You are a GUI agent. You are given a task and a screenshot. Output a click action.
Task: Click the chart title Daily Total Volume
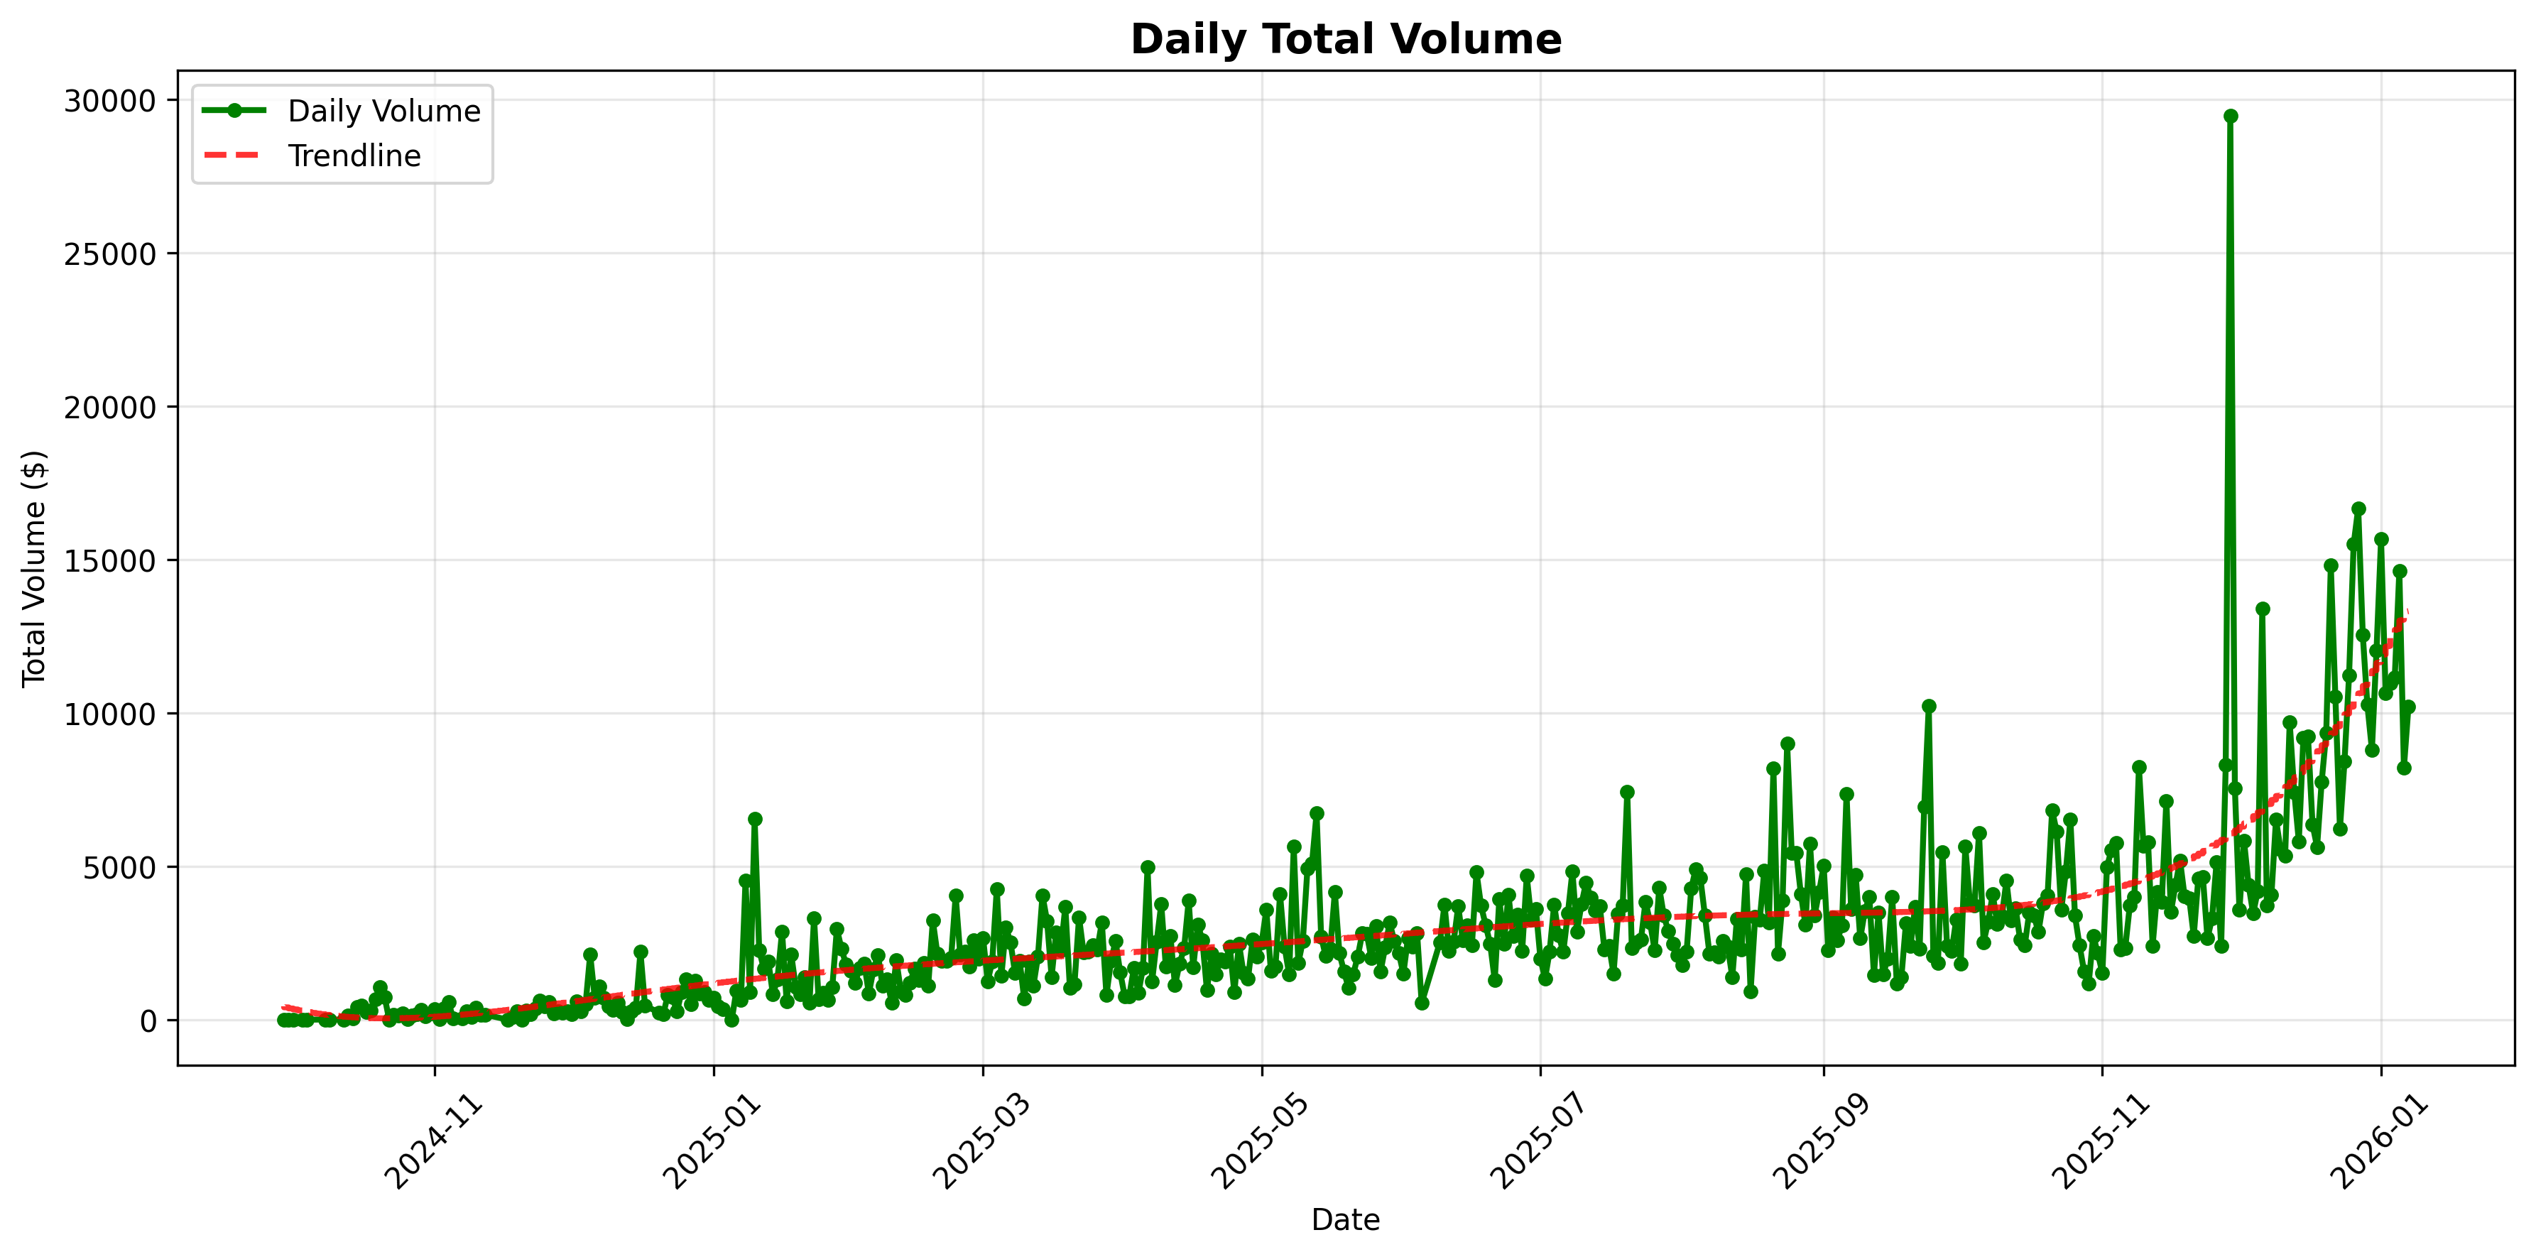click(x=1345, y=39)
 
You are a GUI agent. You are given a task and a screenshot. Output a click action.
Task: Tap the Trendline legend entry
click(x=354, y=156)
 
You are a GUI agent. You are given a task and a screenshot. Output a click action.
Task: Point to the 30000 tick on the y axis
click(x=110, y=102)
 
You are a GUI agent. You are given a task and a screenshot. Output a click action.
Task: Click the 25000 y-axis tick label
click(x=110, y=254)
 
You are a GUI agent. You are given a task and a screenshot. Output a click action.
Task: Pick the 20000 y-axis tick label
click(x=110, y=408)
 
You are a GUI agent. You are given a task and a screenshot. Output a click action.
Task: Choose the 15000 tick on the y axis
click(x=110, y=561)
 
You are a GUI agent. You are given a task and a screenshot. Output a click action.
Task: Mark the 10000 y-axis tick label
click(x=110, y=714)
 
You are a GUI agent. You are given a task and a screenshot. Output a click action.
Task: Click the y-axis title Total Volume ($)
click(x=35, y=568)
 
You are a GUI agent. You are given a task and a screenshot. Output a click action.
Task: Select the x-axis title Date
click(x=1345, y=1221)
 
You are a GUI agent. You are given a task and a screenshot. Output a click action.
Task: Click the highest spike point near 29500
click(x=2231, y=116)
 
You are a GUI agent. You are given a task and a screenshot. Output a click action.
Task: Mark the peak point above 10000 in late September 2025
click(x=1929, y=706)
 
